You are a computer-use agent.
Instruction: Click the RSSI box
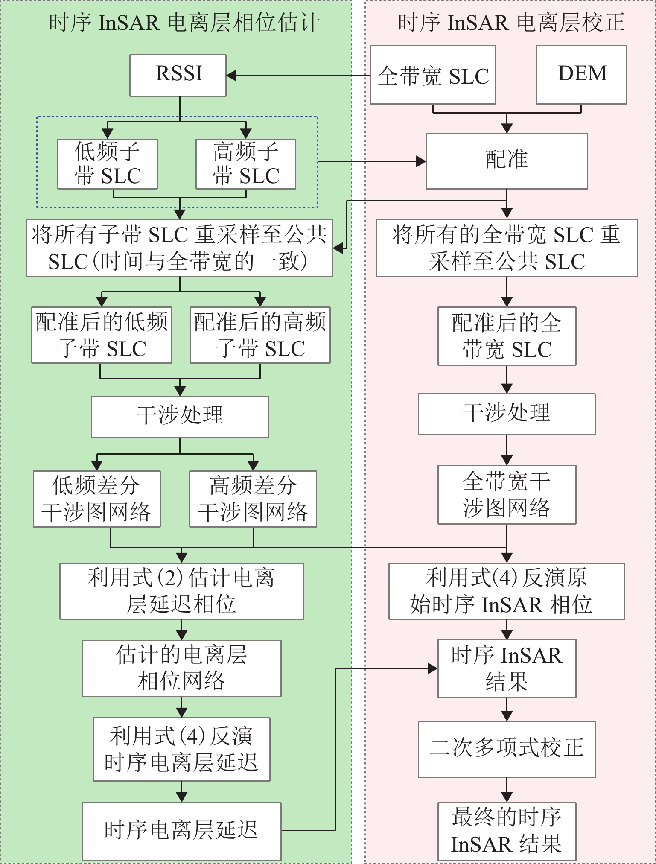coord(178,75)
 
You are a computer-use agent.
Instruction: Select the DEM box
coord(581,75)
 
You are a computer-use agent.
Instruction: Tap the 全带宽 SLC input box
coord(432,75)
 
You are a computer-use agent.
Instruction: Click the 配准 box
coord(507,161)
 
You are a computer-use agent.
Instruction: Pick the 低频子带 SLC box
coord(108,164)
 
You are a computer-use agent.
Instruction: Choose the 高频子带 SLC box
coord(246,164)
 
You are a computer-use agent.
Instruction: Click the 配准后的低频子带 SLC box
coord(102,335)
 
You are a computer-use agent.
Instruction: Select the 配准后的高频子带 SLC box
coord(260,335)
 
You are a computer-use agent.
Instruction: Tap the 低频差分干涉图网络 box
coord(97,499)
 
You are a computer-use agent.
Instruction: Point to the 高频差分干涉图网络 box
coord(253,499)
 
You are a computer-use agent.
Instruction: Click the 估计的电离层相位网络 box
coord(182,668)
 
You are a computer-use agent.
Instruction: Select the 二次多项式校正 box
coord(507,749)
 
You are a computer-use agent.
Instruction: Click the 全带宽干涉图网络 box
coord(507,495)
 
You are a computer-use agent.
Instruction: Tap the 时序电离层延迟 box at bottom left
coord(182,831)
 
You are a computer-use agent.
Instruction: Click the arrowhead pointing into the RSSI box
coord(231,76)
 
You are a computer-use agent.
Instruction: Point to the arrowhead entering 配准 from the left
coord(421,161)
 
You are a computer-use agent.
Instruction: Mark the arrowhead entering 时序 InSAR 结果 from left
coord(433,668)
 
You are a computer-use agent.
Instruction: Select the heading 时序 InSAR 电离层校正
coord(511,22)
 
